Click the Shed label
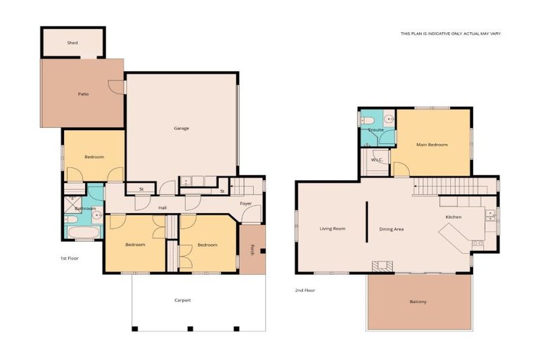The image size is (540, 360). (72, 43)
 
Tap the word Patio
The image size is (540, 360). (84, 94)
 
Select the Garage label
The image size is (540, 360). (181, 128)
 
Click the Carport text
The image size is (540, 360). (183, 300)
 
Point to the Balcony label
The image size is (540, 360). (418, 302)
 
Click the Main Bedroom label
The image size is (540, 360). (432, 145)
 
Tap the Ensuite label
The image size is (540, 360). (375, 130)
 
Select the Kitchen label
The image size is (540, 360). (454, 217)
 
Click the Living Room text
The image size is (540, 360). (333, 229)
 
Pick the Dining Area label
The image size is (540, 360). (392, 229)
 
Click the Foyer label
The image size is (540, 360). (246, 204)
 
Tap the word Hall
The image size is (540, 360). (162, 207)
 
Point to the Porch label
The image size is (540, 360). (252, 250)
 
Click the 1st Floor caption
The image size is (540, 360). (70, 258)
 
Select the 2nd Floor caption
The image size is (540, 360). (305, 290)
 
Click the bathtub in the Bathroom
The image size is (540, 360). (84, 232)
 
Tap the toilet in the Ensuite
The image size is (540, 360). (367, 120)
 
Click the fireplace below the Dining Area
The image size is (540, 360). (382, 266)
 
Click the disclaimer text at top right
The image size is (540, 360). (451, 34)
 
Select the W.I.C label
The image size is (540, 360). (376, 160)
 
